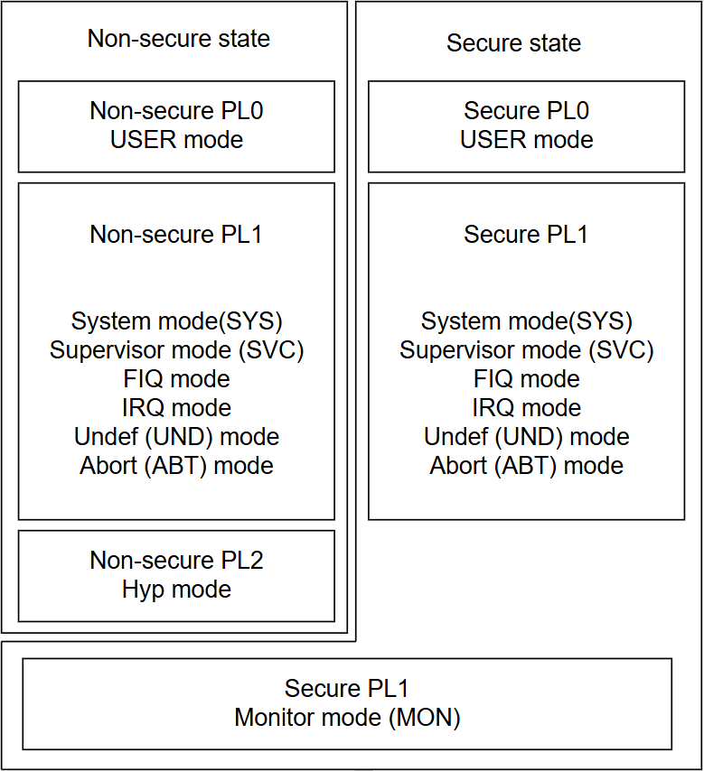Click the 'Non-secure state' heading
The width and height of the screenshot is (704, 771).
click(x=179, y=38)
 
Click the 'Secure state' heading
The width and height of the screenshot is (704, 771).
click(x=513, y=42)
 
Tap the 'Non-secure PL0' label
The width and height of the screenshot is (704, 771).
click(x=176, y=111)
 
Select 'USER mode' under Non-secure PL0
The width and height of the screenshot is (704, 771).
click(x=176, y=140)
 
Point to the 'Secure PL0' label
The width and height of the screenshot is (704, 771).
click(x=526, y=111)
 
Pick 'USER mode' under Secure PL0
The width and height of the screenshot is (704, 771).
click(x=526, y=140)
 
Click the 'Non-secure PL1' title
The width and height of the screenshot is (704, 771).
click(x=175, y=234)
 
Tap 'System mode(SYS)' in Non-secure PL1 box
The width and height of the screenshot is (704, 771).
click(x=176, y=321)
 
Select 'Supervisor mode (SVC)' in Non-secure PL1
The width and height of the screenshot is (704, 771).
click(x=176, y=350)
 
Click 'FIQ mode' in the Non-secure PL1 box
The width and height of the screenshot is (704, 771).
click(x=176, y=379)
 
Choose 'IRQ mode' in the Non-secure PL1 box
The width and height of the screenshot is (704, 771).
click(x=176, y=408)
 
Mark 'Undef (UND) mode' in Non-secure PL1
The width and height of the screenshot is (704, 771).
click(x=176, y=437)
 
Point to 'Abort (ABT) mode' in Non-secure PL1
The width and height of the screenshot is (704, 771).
click(x=176, y=466)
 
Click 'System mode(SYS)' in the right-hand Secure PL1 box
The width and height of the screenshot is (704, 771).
click(x=526, y=321)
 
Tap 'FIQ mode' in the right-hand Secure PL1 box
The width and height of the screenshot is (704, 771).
click(x=526, y=379)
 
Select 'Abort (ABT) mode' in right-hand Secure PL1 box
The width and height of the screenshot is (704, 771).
click(x=526, y=466)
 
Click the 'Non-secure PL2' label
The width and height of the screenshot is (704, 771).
click(x=176, y=560)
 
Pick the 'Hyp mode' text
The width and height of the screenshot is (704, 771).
click(x=176, y=589)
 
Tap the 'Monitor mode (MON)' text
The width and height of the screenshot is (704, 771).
click(x=347, y=718)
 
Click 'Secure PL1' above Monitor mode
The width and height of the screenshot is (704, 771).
click(x=347, y=688)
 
